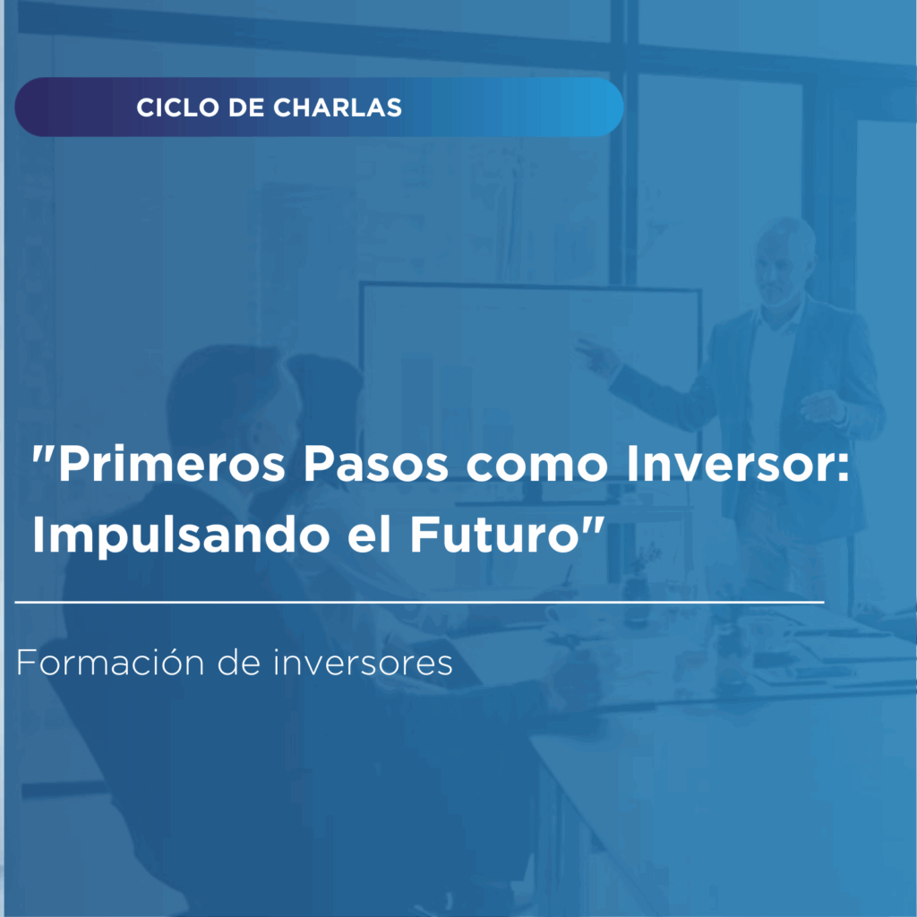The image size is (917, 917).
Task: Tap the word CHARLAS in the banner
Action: (x=338, y=107)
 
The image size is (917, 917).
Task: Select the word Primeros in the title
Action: (x=172, y=465)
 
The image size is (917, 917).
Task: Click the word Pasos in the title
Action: (x=375, y=465)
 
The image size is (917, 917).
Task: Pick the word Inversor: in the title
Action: (x=738, y=465)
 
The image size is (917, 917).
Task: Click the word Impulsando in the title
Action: (x=181, y=536)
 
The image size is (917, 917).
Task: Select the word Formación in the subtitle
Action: (x=110, y=663)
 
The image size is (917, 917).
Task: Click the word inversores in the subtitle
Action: (x=364, y=663)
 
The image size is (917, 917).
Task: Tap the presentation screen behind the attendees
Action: (x=529, y=380)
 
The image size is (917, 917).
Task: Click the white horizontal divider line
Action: (x=419, y=601)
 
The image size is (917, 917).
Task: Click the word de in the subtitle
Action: (x=239, y=663)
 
